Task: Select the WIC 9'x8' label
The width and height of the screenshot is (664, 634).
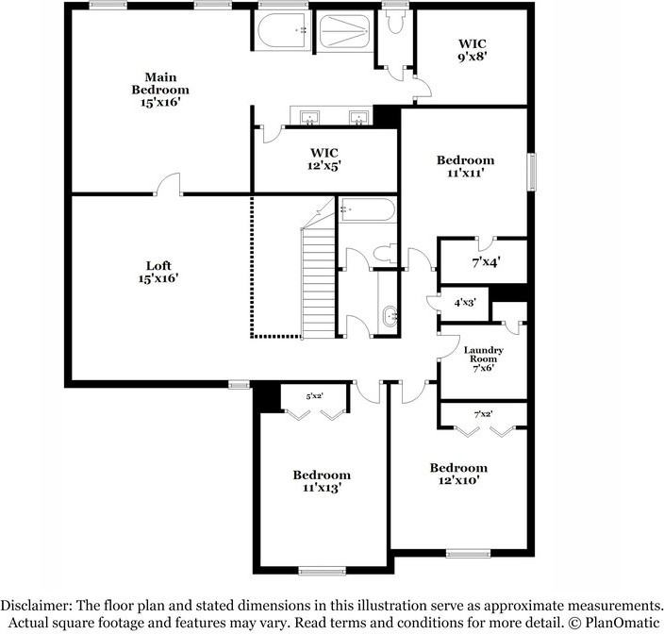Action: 473,49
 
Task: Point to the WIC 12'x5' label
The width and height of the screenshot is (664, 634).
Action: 324,158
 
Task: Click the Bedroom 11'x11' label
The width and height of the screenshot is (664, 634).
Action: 465,167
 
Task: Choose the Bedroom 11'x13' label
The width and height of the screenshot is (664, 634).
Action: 321,481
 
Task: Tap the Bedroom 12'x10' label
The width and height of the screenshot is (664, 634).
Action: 458,474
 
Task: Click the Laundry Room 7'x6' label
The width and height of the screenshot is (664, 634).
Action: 483,359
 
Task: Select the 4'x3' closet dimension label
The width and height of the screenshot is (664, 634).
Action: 465,303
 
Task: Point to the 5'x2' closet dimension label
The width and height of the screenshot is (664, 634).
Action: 314,396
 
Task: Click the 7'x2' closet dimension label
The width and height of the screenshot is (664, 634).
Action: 483,413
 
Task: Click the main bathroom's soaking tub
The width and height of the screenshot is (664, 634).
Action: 281,32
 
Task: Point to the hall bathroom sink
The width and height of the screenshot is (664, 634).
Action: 389,316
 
